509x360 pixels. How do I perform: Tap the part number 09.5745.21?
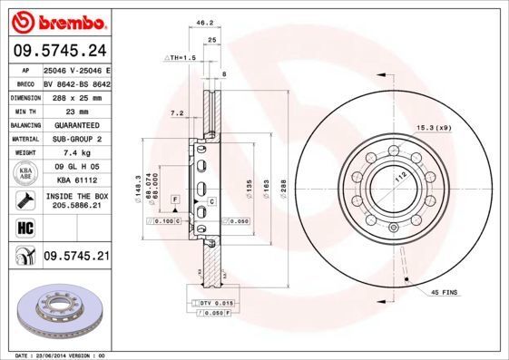coord(76,258)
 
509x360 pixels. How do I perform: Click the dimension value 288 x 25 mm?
coord(76,95)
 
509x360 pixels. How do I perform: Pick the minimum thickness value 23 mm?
coord(76,110)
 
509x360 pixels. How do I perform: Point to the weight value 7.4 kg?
coord(76,153)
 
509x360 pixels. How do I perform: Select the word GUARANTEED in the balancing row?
coord(76,124)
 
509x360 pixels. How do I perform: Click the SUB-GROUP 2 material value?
coord(76,139)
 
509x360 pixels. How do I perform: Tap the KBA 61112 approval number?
coord(76,180)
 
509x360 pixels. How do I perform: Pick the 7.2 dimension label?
coord(177,113)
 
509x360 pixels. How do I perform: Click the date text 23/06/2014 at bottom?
coord(58,356)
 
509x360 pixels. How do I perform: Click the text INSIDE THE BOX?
coord(76,196)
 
